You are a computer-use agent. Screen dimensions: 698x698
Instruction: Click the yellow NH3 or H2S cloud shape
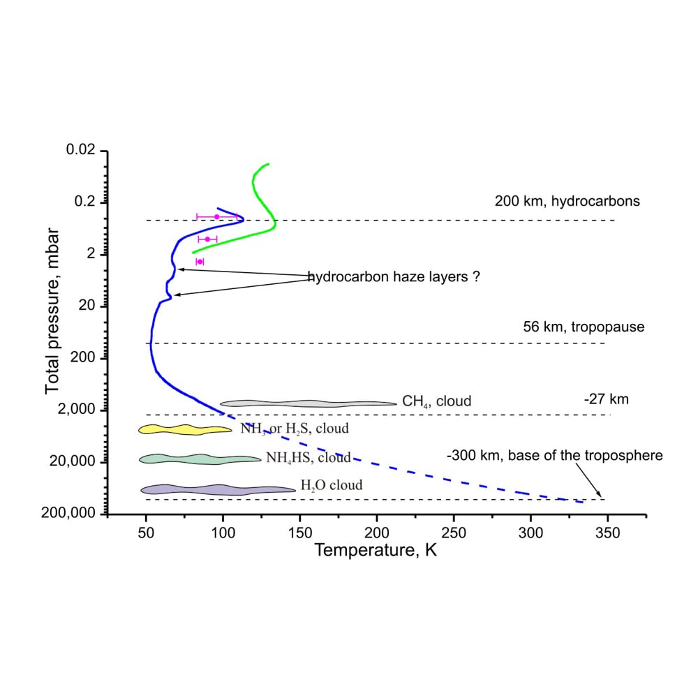[185, 429]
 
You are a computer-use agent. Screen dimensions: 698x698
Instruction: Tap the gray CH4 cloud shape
[308, 403]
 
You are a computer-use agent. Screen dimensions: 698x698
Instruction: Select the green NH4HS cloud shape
[200, 459]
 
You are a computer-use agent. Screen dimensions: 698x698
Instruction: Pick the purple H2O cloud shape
[218, 490]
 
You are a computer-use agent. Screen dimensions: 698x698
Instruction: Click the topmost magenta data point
[217, 217]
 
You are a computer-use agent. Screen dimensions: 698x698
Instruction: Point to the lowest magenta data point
[200, 262]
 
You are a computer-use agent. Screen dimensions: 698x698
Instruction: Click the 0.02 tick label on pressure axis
[80, 149]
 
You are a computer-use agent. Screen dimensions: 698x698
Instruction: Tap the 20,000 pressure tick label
[72, 461]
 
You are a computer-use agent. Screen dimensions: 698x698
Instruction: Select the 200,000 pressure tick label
[68, 513]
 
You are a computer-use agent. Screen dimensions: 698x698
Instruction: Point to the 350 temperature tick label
[608, 533]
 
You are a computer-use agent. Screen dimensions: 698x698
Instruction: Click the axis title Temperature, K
[376, 550]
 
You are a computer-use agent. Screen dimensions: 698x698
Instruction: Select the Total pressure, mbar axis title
[52, 311]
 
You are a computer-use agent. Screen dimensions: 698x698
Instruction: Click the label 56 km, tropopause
[584, 327]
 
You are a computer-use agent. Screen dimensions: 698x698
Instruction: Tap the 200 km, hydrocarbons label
[567, 201]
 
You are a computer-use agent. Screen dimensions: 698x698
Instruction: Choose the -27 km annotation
[607, 399]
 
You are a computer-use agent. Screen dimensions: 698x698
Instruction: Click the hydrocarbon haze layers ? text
[394, 277]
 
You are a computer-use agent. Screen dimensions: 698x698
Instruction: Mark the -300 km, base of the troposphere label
[555, 455]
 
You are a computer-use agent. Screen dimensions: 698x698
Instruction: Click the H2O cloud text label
[332, 485]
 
